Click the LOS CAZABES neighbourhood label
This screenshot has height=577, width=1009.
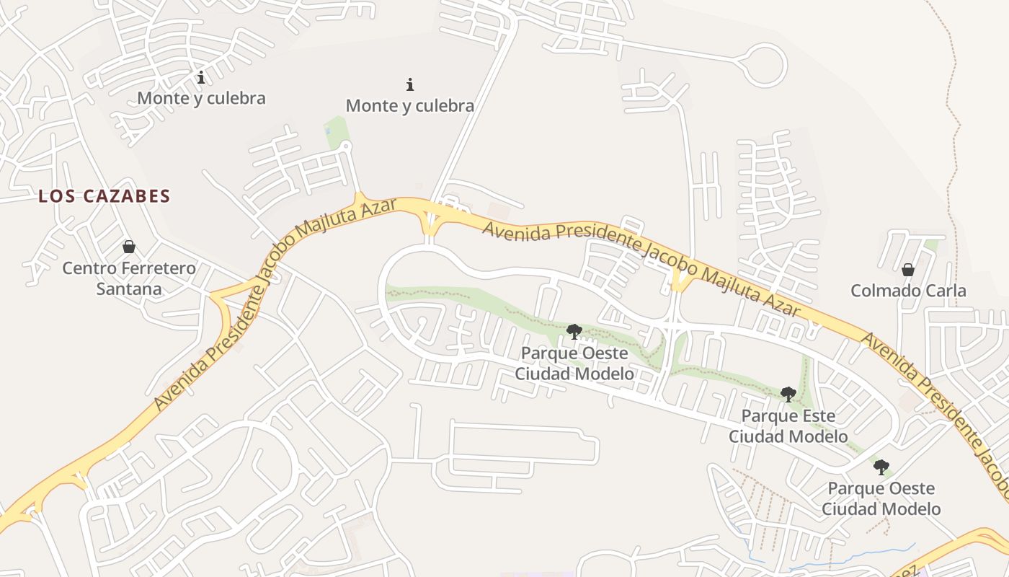(105, 196)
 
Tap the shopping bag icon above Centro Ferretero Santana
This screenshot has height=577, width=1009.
(129, 247)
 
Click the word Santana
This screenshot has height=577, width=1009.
(129, 289)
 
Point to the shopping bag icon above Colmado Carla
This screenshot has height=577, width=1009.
(908, 270)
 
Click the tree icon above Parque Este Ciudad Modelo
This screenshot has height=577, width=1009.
(788, 394)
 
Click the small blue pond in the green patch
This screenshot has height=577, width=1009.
(329, 131)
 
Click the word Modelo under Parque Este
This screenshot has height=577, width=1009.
(820, 436)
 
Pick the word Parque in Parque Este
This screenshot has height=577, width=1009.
(766, 416)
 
